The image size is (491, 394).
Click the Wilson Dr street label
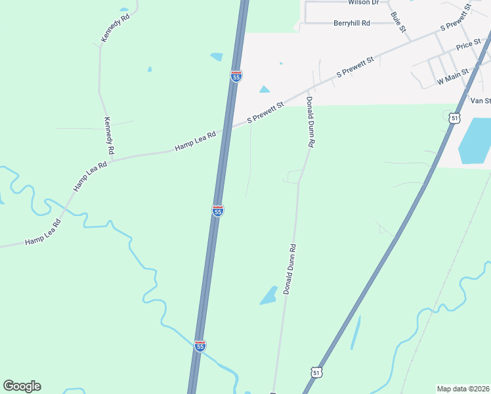pyautogui.click(x=364, y=3)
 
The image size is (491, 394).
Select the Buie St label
pyautogui.click(x=398, y=23)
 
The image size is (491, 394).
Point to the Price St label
pyautogui.click(x=469, y=47)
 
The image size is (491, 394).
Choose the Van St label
pyautogui.click(x=480, y=100)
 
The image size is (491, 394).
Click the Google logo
pyautogui.click(x=22, y=386)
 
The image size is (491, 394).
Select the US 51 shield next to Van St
pyautogui.click(x=455, y=117)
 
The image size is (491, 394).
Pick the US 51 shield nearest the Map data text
pyautogui.click(x=316, y=372)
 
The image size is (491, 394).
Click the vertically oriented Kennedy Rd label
pyautogui.click(x=109, y=137)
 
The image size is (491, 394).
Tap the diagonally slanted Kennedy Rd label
pyautogui.click(x=116, y=28)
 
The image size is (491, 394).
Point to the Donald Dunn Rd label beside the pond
pyautogui.click(x=290, y=269)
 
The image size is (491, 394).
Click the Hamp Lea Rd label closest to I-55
pyautogui.click(x=196, y=141)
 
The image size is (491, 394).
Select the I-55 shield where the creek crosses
pyautogui.click(x=200, y=345)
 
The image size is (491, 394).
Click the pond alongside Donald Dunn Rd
pyautogui.click(x=268, y=295)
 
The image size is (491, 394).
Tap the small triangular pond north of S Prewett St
pyautogui.click(x=265, y=89)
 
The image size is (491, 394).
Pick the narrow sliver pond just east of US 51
pyautogui.click(x=355, y=333)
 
